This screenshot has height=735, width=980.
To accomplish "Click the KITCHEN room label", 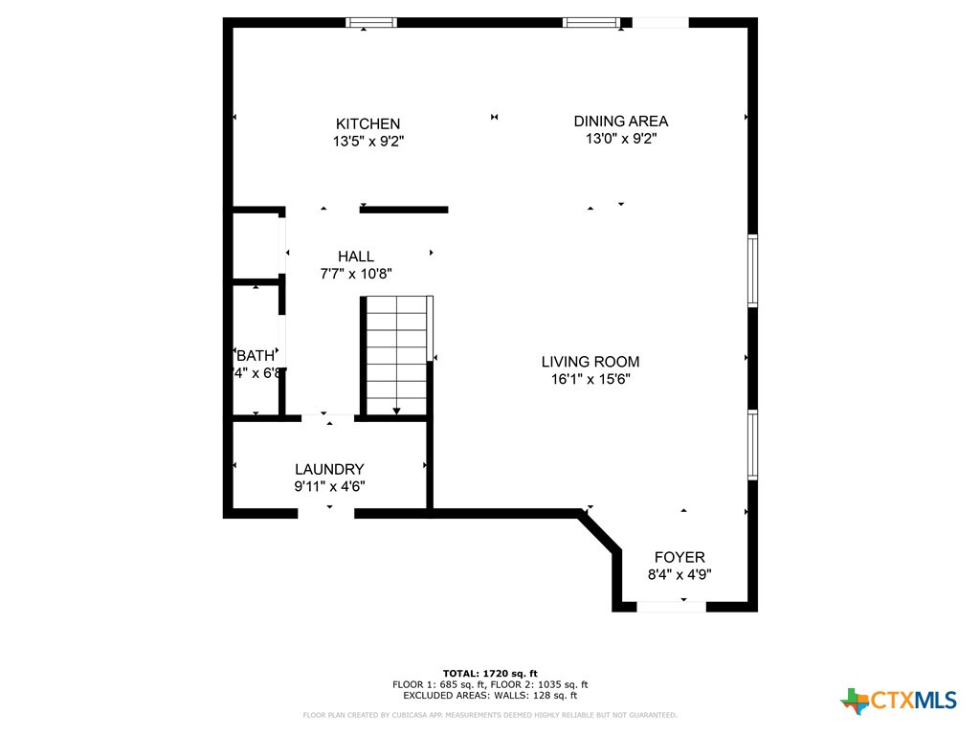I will click(367, 123).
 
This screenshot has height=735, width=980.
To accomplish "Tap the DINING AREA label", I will click(620, 121).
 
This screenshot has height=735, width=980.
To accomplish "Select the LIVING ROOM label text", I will click(590, 362).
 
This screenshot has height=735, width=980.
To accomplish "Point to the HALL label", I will click(355, 256).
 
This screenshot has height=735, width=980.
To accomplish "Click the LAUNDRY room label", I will click(329, 469).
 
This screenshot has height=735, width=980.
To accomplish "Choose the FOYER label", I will click(679, 557).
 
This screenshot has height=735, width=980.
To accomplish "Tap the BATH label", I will click(256, 355).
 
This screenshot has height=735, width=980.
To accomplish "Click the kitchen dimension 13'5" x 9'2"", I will click(367, 142).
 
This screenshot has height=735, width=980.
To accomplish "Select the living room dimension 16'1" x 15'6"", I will click(590, 379).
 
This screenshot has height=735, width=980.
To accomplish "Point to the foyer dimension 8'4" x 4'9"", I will click(679, 575).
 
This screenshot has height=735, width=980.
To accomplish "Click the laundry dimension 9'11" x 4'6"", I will click(329, 486).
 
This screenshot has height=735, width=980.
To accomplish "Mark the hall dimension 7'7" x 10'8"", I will click(355, 274).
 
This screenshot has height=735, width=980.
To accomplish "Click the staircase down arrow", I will click(396, 410).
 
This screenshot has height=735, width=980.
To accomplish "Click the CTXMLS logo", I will click(899, 701).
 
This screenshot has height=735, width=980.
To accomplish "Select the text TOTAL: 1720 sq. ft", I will click(489, 673).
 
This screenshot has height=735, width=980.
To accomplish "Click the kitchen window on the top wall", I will click(370, 22).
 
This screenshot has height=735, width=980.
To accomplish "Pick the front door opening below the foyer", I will click(672, 606).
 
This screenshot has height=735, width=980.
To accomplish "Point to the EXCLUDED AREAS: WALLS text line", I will click(489, 696).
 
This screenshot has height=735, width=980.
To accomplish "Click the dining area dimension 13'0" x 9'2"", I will click(620, 139).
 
